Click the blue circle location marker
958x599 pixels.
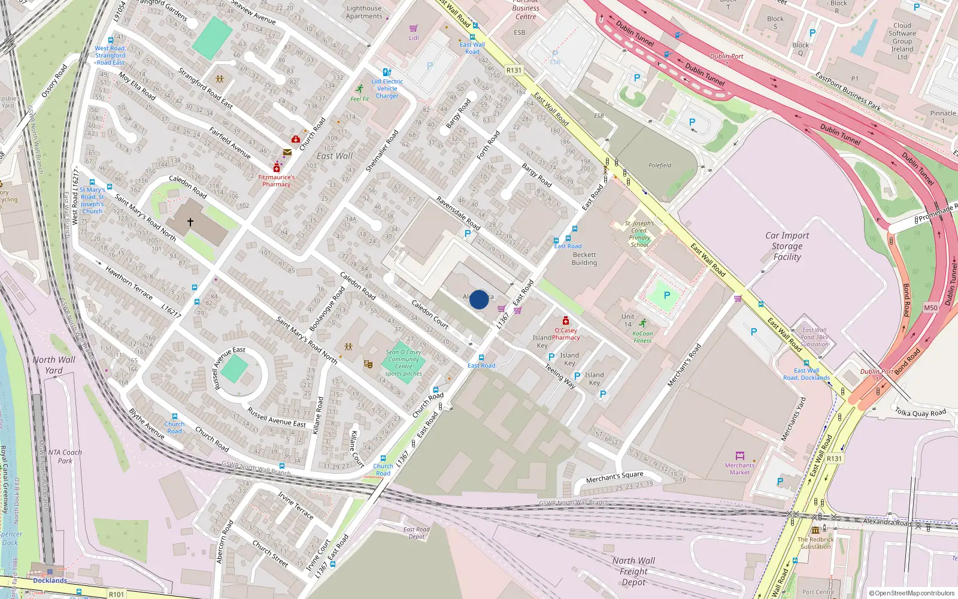pyautogui.click(x=479, y=299)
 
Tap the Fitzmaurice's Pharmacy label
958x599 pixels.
pyautogui.click(x=276, y=180)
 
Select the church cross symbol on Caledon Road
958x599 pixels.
pyautogui.click(x=190, y=222)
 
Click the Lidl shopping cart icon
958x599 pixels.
pyautogui.click(x=413, y=28)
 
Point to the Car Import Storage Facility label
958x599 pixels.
pyautogui.click(x=787, y=246)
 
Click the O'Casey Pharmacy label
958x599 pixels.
pyautogui.click(x=566, y=334)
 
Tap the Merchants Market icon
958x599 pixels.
pyautogui.click(x=739, y=456)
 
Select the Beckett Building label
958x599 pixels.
pyautogui.click(x=584, y=259)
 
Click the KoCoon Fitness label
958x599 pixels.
pyautogui.click(x=642, y=337)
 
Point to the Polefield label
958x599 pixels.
pyautogui.click(x=660, y=165)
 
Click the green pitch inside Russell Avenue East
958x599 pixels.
pyautogui.click(x=234, y=369)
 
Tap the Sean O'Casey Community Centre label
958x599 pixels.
pyautogui.click(x=403, y=363)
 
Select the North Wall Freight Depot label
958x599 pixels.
pyautogui.click(x=633, y=571)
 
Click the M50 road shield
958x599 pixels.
pyautogui.click(x=930, y=308)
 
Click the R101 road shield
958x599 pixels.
pyautogui.click(x=116, y=594)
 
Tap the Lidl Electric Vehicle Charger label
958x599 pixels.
pyautogui.click(x=387, y=89)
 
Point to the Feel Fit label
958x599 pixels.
pyautogui.click(x=359, y=99)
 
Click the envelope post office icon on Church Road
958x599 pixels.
pyautogui.click(x=287, y=152)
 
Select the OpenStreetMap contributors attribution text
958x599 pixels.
pyautogui.click(x=911, y=593)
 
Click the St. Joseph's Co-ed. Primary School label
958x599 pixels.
pyautogui.click(x=639, y=234)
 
